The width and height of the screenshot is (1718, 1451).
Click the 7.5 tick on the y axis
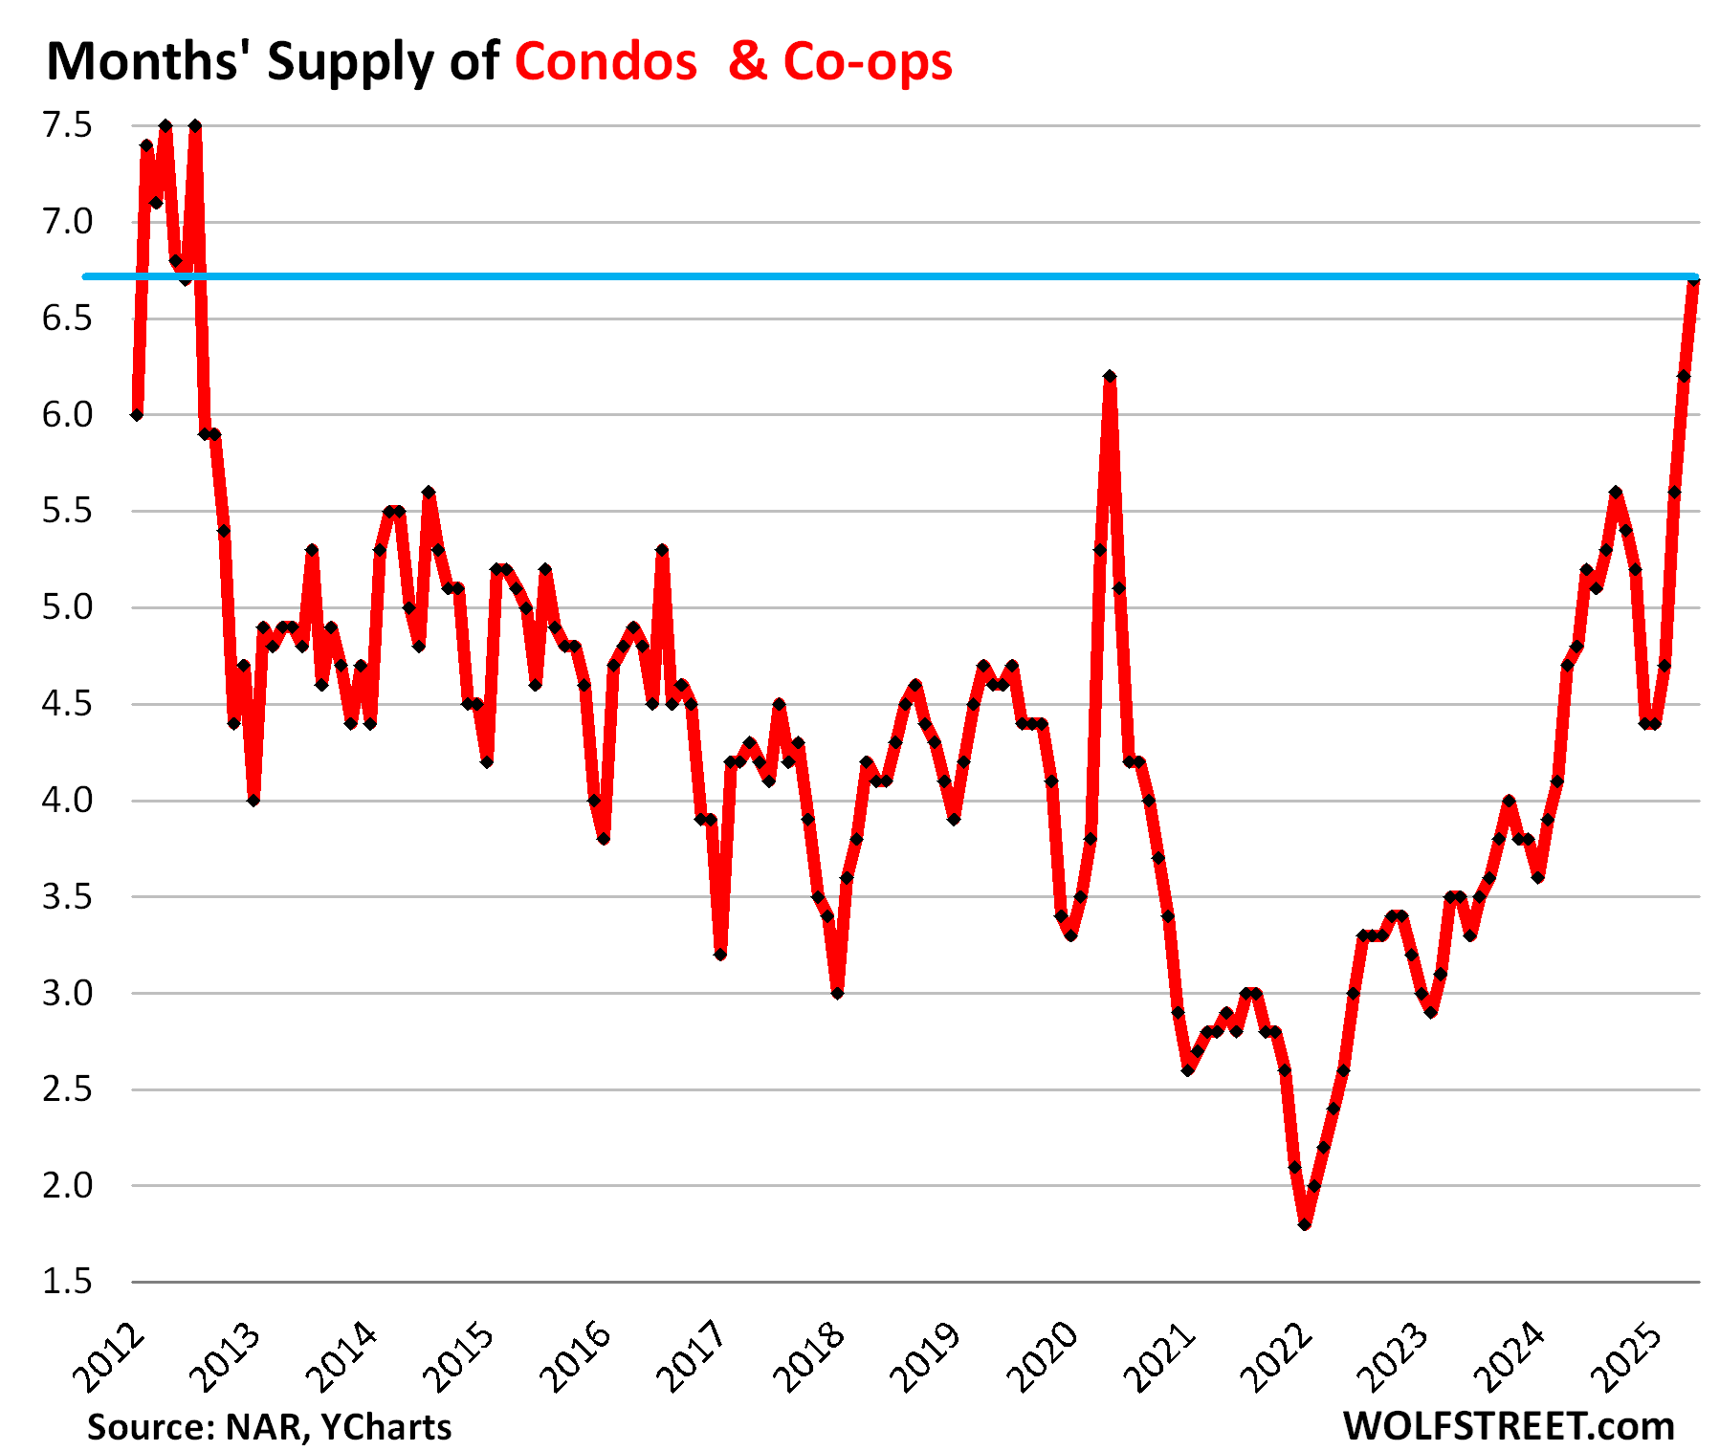tap(67, 125)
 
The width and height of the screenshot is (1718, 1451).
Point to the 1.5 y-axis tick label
tap(67, 1282)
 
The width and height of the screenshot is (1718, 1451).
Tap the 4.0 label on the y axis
tap(67, 801)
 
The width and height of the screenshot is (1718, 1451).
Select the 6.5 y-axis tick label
tap(67, 319)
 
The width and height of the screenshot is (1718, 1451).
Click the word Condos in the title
tap(606, 62)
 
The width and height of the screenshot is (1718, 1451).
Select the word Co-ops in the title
tap(868, 62)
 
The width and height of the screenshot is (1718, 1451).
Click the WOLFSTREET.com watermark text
tap(1509, 1426)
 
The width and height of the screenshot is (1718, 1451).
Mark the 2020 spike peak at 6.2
tap(1110, 377)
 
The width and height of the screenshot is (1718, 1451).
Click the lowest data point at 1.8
tap(1305, 1223)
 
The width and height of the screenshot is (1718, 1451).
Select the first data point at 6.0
tap(137, 415)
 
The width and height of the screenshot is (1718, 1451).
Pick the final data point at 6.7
tap(1693, 280)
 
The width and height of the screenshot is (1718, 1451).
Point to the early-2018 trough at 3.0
tap(837, 993)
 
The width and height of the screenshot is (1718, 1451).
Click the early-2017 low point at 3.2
tap(720, 955)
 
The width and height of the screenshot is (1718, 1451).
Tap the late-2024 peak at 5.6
tap(1616, 492)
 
